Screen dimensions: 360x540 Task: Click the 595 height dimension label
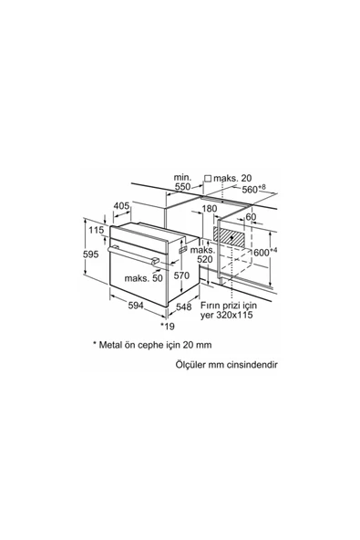(x=91, y=254)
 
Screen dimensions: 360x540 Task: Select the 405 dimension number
(x=121, y=206)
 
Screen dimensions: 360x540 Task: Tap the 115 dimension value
(x=96, y=230)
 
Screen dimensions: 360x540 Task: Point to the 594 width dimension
(x=136, y=306)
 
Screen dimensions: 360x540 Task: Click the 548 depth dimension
(x=183, y=306)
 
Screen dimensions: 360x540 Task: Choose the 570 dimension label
(x=181, y=275)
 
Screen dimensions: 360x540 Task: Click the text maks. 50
(x=143, y=278)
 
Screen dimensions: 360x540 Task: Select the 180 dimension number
(x=210, y=209)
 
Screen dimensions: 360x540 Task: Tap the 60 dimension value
(x=252, y=217)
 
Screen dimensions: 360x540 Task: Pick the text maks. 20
(x=232, y=179)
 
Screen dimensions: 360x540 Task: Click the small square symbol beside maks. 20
(x=208, y=179)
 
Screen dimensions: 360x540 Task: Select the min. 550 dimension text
(x=182, y=182)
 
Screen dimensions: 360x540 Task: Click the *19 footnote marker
(x=168, y=326)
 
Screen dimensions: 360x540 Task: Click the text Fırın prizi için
(x=229, y=306)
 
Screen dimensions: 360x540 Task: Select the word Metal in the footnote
(x=110, y=345)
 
